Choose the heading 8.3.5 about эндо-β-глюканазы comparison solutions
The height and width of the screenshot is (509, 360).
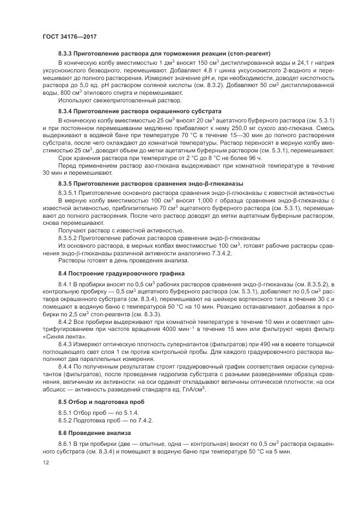pyautogui.click(x=150, y=183)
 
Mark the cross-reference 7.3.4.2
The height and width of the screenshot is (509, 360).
pyautogui.click(x=202, y=254)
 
